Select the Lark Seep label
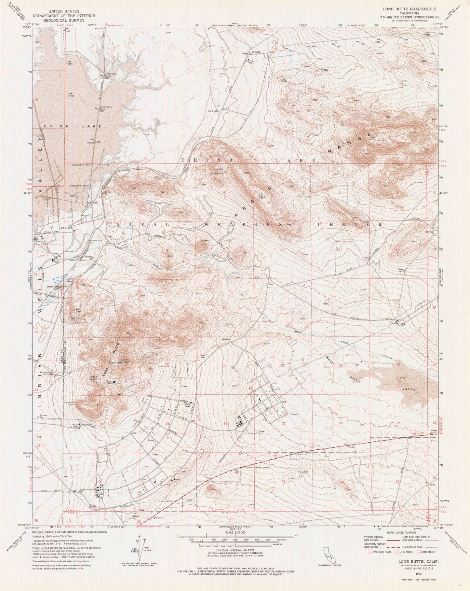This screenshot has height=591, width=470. [x=70, y=280]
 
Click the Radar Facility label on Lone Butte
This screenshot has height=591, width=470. [x=87, y=378]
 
